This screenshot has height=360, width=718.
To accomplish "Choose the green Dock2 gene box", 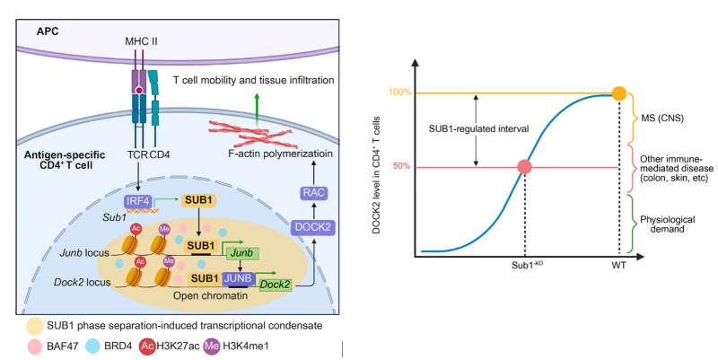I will pos(276,284).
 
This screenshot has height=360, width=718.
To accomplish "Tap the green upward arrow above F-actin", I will pos(255,103).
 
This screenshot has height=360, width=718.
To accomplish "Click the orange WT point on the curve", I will pos(618,92).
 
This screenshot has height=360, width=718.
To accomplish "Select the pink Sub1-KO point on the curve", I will pos(524,167).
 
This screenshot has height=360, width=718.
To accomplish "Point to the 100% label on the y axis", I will pos(400,92).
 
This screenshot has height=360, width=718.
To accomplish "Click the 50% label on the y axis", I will pos(403,167).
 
